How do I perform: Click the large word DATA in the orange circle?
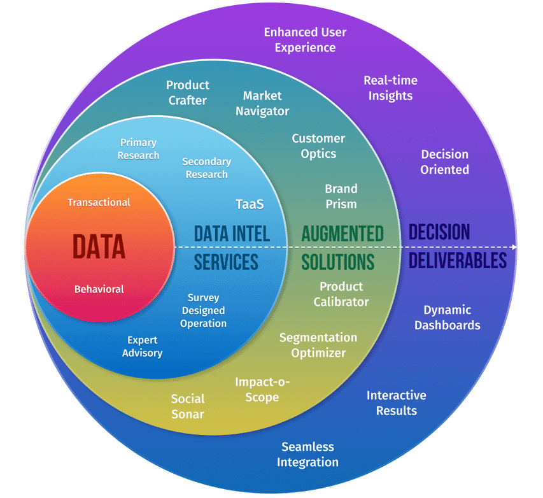tap(99, 246)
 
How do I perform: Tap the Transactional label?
tap(99, 203)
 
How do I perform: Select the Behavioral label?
tap(99, 289)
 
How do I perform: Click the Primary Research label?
tap(138, 149)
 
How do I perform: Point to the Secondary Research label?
tap(206, 168)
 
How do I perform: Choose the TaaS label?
tap(250, 204)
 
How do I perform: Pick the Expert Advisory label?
tap(142, 346)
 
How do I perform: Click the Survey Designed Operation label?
tap(203, 310)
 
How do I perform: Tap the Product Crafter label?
tap(188, 92)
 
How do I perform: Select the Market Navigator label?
tap(262, 103)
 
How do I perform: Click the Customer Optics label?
tap(318, 146)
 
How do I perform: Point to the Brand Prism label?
tap(341, 196)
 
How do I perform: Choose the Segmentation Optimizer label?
tap(318, 345)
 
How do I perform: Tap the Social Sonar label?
tap(188, 406)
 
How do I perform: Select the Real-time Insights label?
tap(390, 88)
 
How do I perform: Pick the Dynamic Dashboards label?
tap(448, 317)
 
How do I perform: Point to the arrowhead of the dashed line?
tap(514, 246)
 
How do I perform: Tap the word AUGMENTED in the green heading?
tap(342, 233)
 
